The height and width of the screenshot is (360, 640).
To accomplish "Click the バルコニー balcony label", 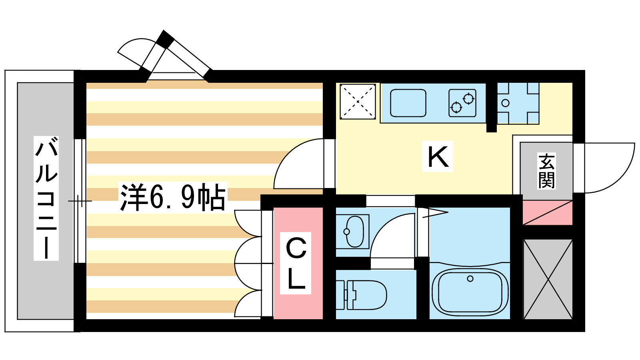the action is pyautogui.click(x=46, y=198).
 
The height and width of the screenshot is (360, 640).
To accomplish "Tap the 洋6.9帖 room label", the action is pyautogui.click(x=173, y=197).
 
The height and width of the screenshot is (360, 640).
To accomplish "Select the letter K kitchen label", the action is pyautogui.click(x=438, y=156).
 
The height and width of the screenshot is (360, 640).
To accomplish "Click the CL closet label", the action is pyautogui.click(x=296, y=263).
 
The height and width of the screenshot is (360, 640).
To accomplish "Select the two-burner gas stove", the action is pyautogui.click(x=462, y=103).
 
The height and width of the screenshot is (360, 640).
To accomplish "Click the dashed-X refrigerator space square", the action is pyautogui.click(x=358, y=102).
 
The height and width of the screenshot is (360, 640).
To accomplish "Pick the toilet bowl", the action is pyautogui.click(x=361, y=295).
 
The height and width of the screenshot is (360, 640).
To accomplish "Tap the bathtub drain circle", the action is pyautogui.click(x=470, y=278).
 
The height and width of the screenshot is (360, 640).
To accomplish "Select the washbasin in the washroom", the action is pyautogui.click(x=354, y=231).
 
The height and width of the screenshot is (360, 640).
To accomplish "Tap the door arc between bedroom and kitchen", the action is pyautogui.click(x=287, y=154).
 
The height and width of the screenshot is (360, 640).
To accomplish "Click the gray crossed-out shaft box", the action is pyautogui.click(x=548, y=279).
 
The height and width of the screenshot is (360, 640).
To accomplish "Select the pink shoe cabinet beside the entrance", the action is pyautogui.click(x=548, y=212).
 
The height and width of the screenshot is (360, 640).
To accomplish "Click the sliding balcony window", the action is pyautogui.click(x=80, y=201).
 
